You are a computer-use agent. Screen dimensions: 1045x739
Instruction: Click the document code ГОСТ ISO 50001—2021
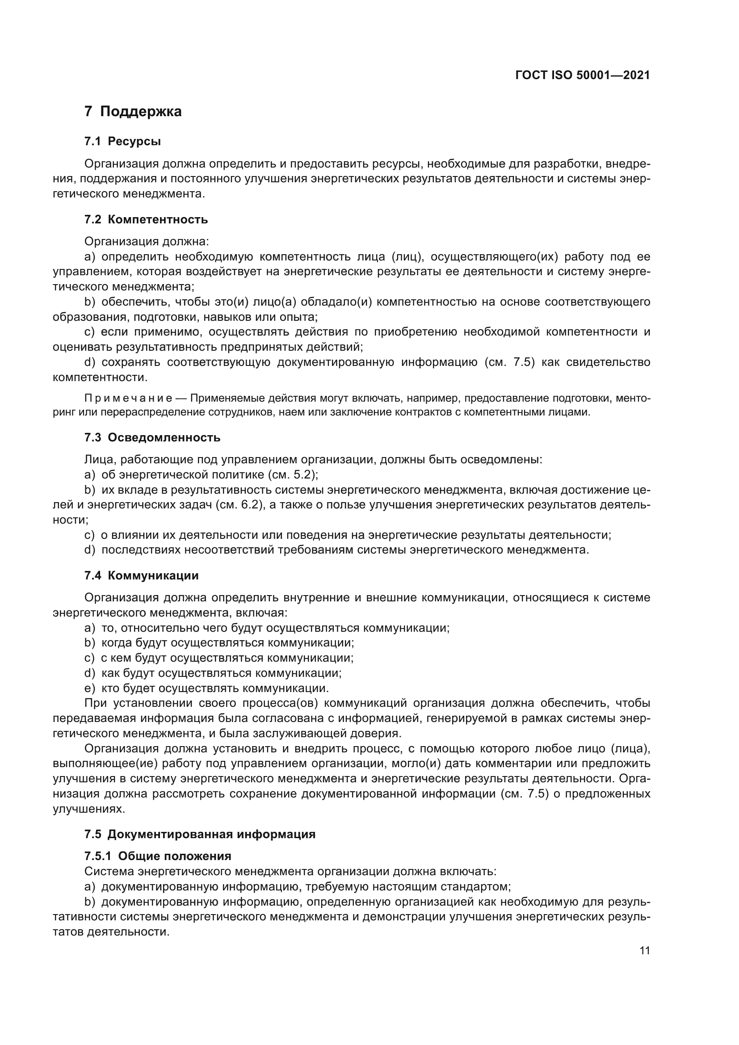583,75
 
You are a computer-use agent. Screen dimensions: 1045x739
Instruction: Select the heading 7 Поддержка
133,112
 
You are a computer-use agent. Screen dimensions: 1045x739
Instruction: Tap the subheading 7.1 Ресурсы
122,142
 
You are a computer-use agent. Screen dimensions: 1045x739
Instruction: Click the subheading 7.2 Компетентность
146,219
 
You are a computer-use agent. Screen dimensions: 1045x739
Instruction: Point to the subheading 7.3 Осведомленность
152,437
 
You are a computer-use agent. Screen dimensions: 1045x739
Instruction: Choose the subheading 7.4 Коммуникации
142,575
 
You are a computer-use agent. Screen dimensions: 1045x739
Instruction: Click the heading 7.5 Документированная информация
200,834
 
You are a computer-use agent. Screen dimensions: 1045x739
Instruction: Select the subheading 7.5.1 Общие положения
158,856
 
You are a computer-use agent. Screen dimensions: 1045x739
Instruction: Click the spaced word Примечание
128,398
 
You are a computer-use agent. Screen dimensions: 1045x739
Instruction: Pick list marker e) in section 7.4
90,688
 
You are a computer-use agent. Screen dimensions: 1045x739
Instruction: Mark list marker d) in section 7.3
90,550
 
